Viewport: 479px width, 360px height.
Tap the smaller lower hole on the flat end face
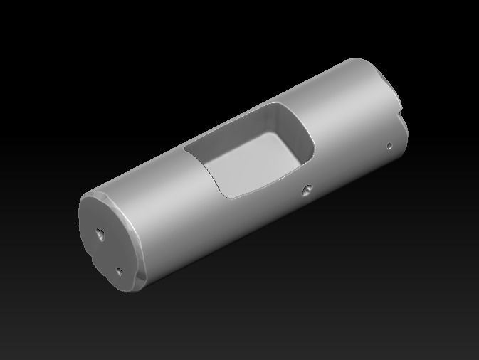tap(120, 270)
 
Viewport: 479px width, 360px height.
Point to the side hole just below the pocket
tap(307, 189)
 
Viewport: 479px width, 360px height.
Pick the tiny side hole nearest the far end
tap(389, 146)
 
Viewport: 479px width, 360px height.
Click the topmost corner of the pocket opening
tap(274, 105)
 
